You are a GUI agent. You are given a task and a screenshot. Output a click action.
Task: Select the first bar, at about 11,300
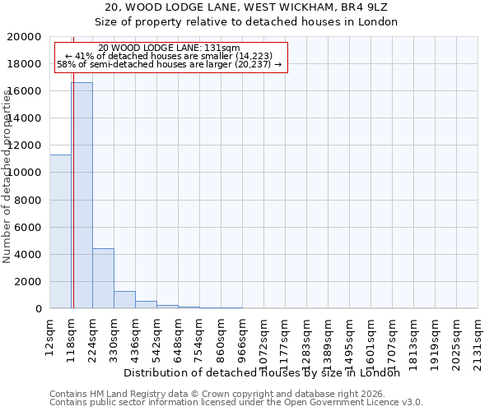(60, 231)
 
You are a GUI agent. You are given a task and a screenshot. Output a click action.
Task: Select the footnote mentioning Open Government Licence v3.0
(236, 403)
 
